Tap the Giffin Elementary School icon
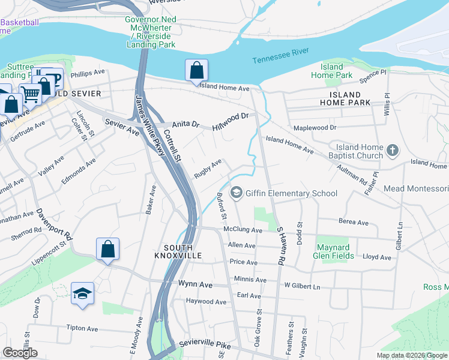point(237,193)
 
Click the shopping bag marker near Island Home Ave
point(196,71)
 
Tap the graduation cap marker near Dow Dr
point(82,293)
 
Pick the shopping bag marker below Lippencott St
point(107,249)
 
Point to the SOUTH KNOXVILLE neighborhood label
point(178,252)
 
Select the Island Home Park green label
point(331,71)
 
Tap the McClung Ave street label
point(243,230)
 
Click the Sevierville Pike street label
point(205,346)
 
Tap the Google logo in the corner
point(20,353)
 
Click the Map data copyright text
point(411,355)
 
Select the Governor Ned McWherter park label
point(150,32)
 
